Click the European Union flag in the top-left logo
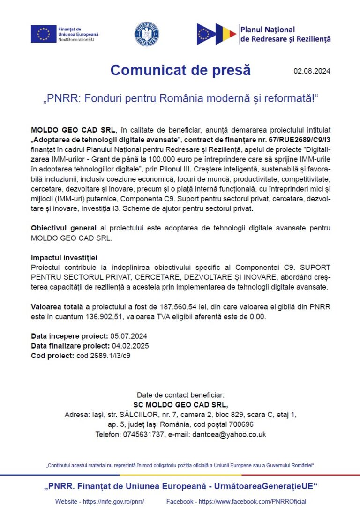click(x=44, y=34)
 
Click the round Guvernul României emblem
click(x=147, y=34)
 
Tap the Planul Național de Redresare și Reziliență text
click(x=285, y=34)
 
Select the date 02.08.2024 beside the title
click(x=312, y=71)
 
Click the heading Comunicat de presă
click(x=180, y=70)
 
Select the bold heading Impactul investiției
click(x=64, y=258)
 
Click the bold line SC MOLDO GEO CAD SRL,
click(x=180, y=405)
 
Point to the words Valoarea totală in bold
click(x=55, y=307)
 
